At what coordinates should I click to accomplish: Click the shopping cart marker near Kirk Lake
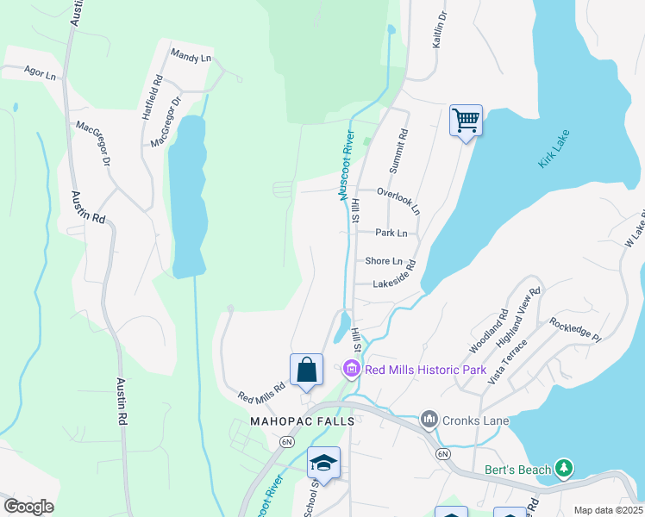(466, 120)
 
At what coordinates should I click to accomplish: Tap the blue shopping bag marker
(306, 370)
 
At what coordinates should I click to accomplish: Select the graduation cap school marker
(323, 463)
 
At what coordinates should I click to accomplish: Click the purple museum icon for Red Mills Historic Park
(351, 370)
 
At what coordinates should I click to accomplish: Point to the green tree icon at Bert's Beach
(564, 469)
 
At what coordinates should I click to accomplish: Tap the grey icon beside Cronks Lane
(429, 420)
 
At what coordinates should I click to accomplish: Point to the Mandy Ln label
(191, 57)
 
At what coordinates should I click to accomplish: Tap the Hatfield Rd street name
(150, 97)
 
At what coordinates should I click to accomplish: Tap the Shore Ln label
(384, 261)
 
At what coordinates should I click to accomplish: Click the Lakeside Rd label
(394, 283)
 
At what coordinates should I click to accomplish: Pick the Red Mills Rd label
(261, 394)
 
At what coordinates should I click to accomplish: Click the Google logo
(28, 507)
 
